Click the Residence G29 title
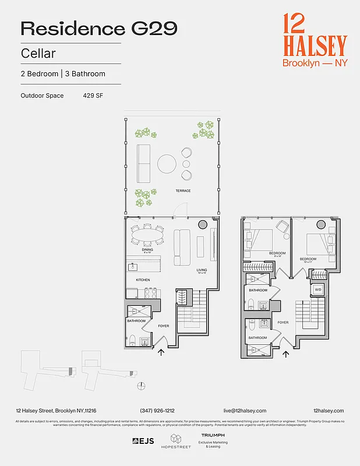click(x=99, y=29)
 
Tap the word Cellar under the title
click(x=38, y=54)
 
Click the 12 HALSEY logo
click(x=314, y=40)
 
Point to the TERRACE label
click(x=183, y=191)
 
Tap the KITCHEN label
click(x=143, y=280)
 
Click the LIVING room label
click(x=202, y=270)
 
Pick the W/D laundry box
click(x=318, y=289)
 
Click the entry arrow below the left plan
click(x=161, y=351)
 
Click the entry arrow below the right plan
click(x=285, y=353)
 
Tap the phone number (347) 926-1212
click(x=157, y=411)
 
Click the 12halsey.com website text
click(x=328, y=411)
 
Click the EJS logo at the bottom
click(x=143, y=441)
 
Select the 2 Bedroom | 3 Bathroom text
click(x=63, y=74)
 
